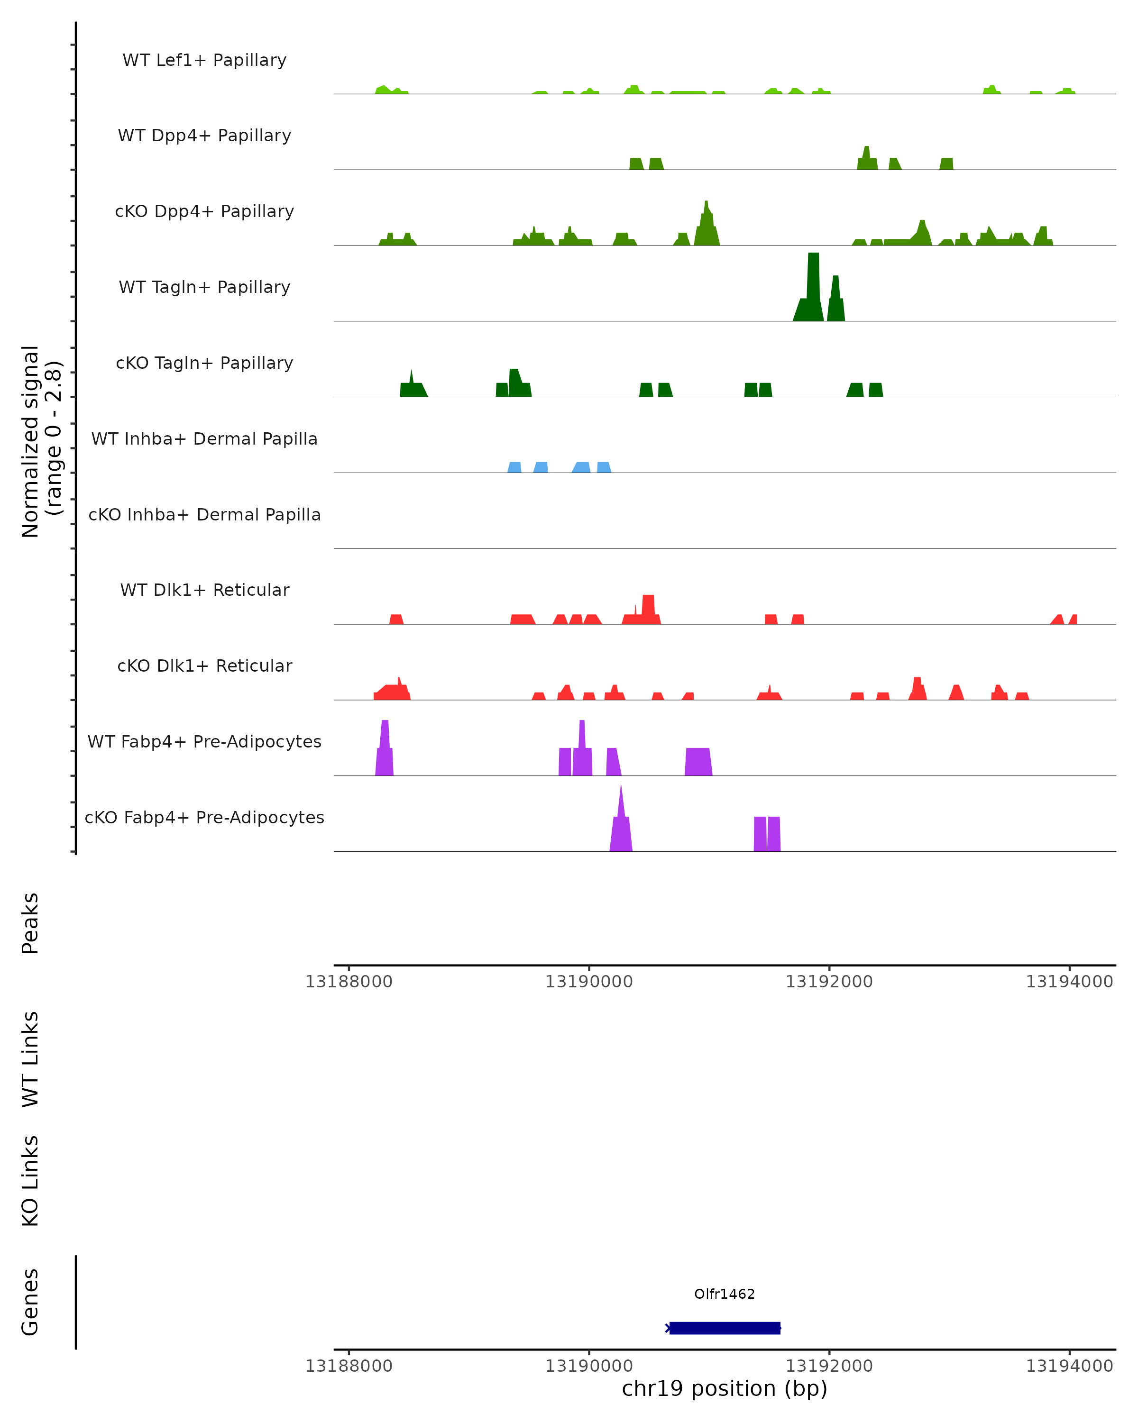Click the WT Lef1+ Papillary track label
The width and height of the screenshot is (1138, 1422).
204,60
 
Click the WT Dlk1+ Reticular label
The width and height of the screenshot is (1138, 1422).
204,590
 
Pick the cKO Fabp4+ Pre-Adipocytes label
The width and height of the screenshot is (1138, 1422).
204,817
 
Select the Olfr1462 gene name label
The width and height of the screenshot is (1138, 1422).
725,1294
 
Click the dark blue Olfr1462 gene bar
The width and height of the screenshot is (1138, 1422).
725,1328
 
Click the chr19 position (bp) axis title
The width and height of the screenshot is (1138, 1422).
725,1388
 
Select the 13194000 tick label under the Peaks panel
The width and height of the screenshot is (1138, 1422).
1069,982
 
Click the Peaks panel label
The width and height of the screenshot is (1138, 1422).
30,923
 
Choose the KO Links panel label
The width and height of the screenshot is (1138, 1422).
30,1181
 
